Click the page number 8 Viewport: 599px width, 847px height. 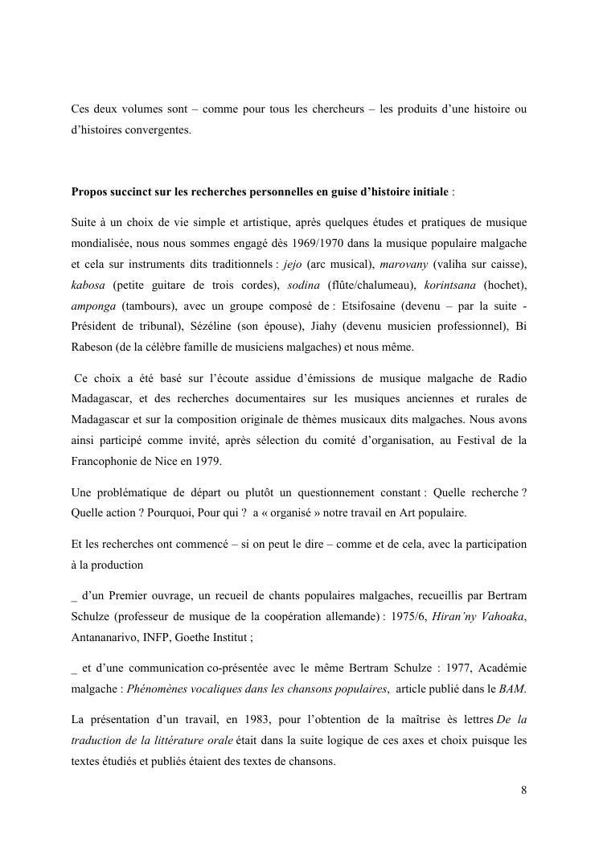click(x=524, y=790)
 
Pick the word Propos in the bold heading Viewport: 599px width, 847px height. click(x=91, y=192)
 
